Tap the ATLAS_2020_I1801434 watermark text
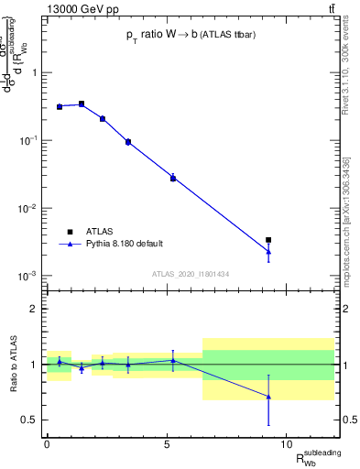point(190,274)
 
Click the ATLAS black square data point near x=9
point(268,240)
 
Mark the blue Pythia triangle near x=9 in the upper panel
point(268,252)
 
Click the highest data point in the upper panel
point(82,104)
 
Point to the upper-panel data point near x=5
point(172,178)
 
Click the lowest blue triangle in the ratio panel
point(268,397)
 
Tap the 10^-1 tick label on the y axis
point(28,140)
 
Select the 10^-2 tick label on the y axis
point(28,208)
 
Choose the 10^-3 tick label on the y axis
point(28,276)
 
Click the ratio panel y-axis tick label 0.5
point(29,420)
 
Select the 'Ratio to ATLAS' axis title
point(12,364)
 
